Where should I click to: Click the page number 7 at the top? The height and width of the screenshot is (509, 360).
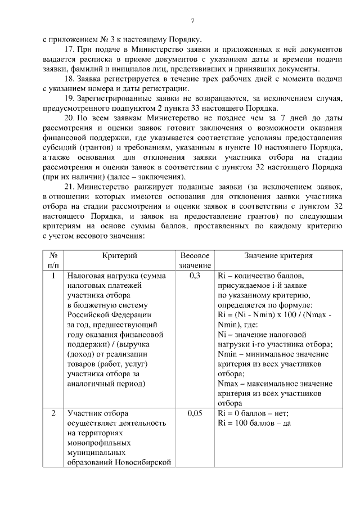pyautogui.click(x=192, y=21)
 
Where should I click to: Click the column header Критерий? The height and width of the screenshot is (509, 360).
pyautogui.click(x=120, y=255)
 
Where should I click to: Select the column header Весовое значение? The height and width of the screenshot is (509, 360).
pyautogui.click(x=195, y=260)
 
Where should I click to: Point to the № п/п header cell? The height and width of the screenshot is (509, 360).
pyautogui.click(x=53, y=260)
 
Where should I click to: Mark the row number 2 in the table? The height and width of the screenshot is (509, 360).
pyautogui.click(x=53, y=413)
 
